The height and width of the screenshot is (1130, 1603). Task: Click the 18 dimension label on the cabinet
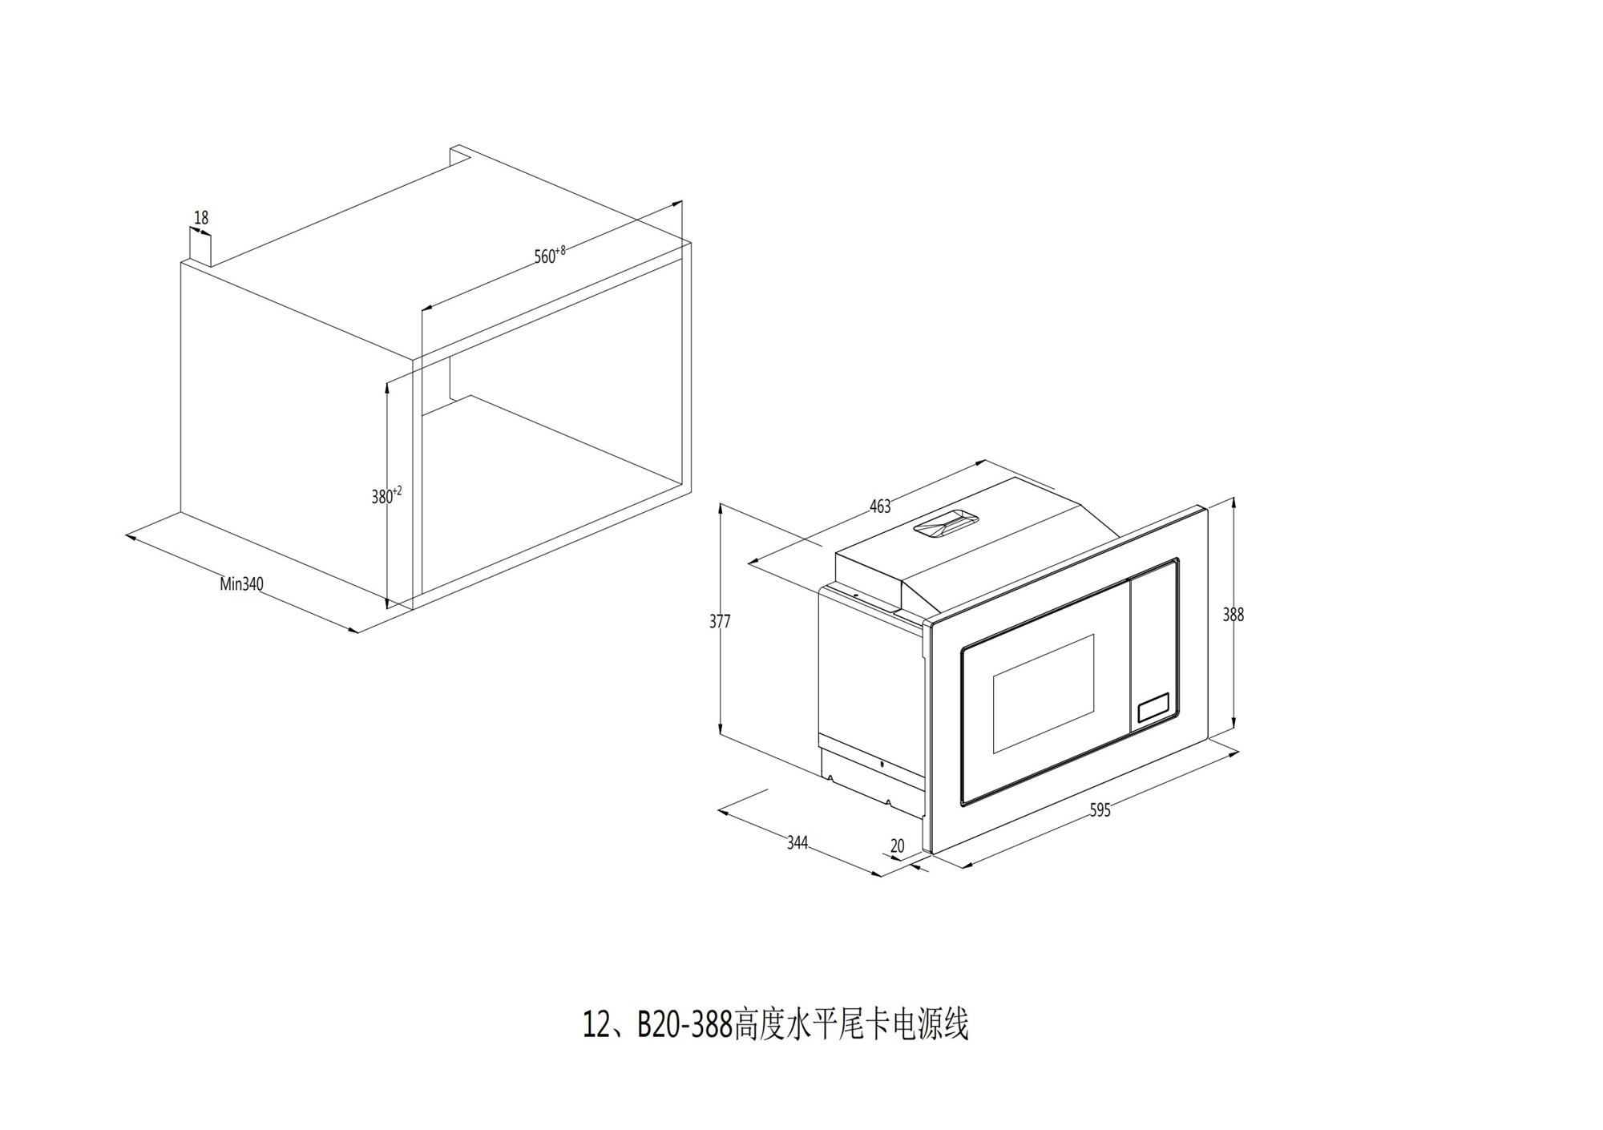pyautogui.click(x=201, y=217)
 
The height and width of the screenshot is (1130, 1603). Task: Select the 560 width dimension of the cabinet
pyautogui.click(x=550, y=255)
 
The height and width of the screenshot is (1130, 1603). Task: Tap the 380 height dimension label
pyautogui.click(x=386, y=495)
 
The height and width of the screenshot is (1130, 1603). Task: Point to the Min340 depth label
pyautogui.click(x=241, y=584)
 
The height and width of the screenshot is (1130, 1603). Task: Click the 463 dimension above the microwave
pyautogui.click(x=880, y=506)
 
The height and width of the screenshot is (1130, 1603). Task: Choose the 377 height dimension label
pyautogui.click(x=720, y=620)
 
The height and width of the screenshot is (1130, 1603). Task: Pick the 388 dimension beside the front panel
pyautogui.click(x=1233, y=615)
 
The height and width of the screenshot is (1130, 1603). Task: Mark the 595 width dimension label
pyautogui.click(x=1100, y=810)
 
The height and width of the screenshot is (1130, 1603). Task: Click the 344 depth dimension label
pyautogui.click(x=797, y=842)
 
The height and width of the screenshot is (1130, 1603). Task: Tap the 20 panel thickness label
pyautogui.click(x=897, y=845)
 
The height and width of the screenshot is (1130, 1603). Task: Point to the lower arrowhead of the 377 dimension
pyautogui.click(x=721, y=729)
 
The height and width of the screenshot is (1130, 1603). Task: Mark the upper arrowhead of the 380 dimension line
pyautogui.click(x=388, y=388)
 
